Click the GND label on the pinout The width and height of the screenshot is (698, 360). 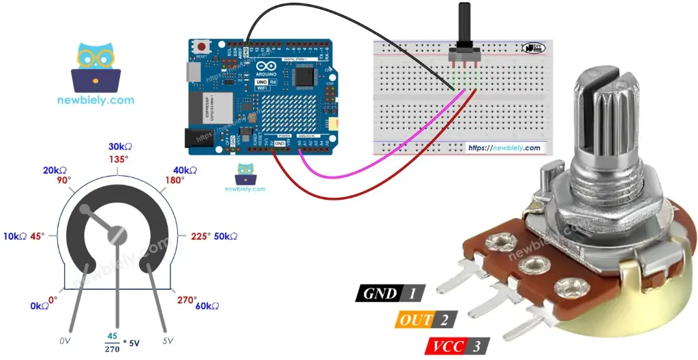[x=381, y=294]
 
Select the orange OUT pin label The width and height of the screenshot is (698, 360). [x=416, y=320]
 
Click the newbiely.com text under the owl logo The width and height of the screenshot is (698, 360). [x=96, y=100]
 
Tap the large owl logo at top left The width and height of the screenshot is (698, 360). [x=96, y=67]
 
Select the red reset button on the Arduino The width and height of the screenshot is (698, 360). [x=202, y=46]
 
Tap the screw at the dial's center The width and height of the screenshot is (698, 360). [x=117, y=234]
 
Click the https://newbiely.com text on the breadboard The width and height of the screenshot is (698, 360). [x=504, y=148]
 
